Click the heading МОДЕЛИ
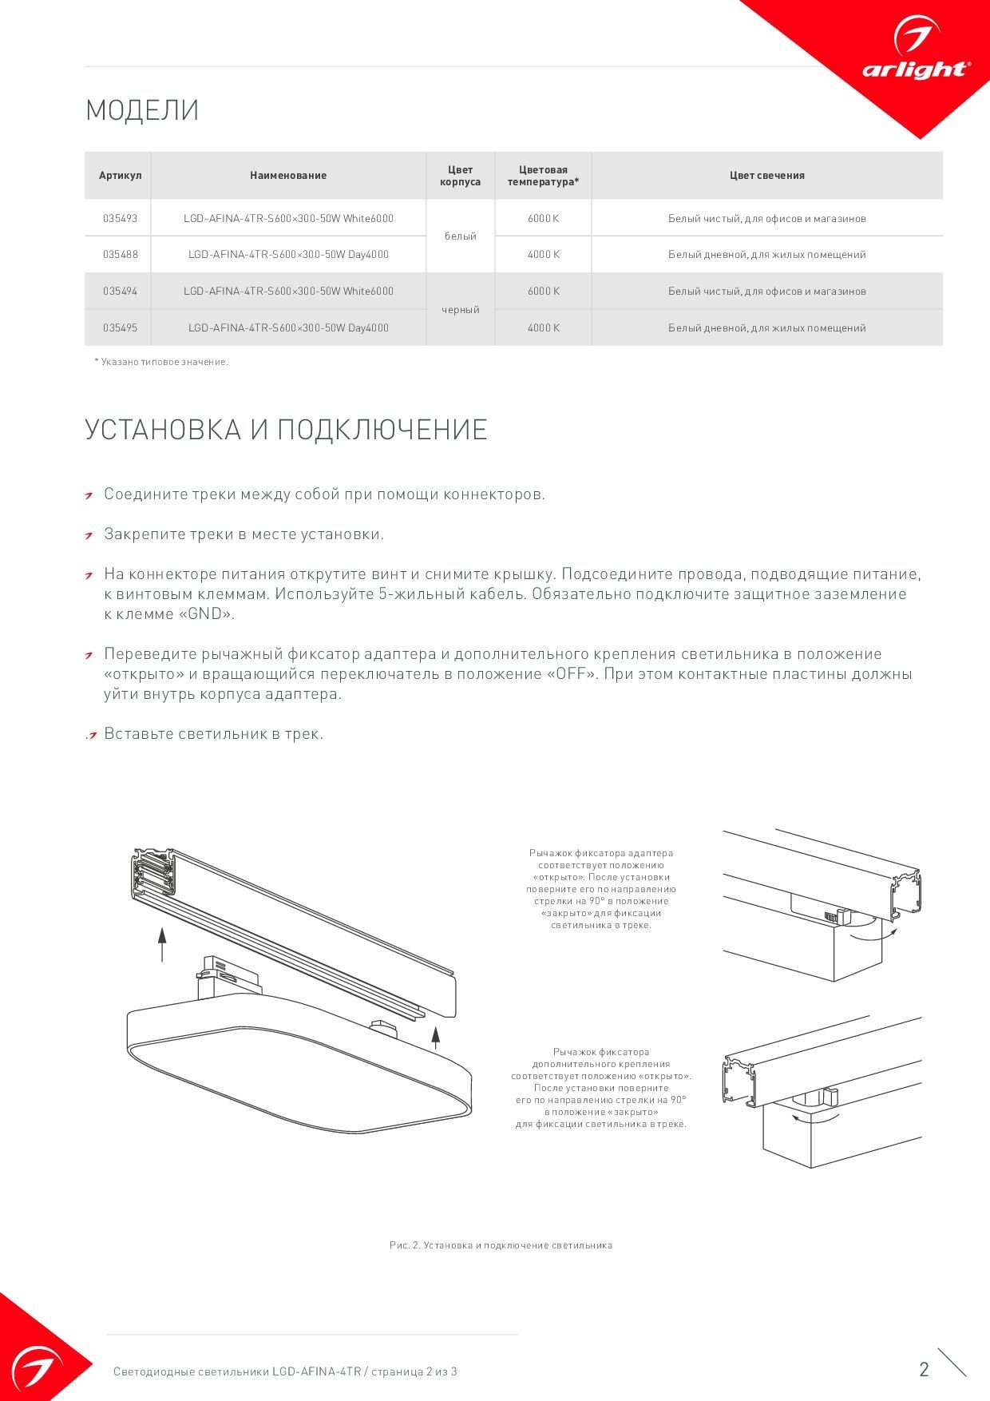[x=142, y=110]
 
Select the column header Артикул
[x=120, y=176]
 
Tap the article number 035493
[x=120, y=218]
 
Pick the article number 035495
[x=120, y=327]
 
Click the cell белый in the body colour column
[x=460, y=236]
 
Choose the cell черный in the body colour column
[x=460, y=310]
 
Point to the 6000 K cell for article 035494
[x=543, y=292]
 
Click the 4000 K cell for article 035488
[x=543, y=255]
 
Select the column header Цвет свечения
[x=766, y=176]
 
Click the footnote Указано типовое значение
[x=161, y=362]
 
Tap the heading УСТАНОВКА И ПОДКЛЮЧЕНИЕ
[x=286, y=430]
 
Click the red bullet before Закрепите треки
[x=90, y=535]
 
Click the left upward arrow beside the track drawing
[x=162, y=944]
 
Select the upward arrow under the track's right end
[x=436, y=1036]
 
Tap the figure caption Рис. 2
[x=501, y=1245]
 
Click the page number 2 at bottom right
[x=924, y=1370]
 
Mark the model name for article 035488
[x=288, y=255]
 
